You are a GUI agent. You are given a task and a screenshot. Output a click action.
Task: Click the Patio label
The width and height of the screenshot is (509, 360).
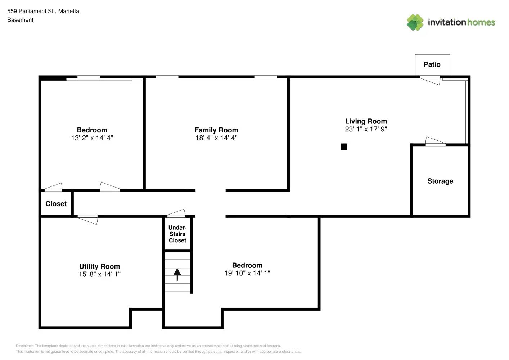tap(432, 64)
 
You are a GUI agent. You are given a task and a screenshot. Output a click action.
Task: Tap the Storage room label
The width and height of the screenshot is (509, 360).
tap(440, 181)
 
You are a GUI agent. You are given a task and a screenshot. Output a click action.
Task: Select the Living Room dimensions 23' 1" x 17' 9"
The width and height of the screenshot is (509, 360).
tap(366, 129)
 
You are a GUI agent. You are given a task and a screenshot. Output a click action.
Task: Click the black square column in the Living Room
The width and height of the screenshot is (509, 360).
tap(344, 147)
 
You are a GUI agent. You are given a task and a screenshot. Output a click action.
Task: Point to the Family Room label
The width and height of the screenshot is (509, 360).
tap(216, 130)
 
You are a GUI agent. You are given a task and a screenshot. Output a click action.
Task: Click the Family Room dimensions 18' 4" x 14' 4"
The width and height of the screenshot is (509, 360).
tap(216, 138)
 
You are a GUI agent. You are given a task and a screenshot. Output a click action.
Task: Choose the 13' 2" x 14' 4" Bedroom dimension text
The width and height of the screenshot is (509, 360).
tap(92, 138)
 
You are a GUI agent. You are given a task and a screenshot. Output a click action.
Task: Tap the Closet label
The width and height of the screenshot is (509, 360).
tap(56, 204)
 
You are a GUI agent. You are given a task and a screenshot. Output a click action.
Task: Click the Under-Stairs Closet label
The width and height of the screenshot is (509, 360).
tap(177, 234)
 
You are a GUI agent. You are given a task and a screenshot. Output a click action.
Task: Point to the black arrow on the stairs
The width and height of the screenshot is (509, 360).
tap(177, 274)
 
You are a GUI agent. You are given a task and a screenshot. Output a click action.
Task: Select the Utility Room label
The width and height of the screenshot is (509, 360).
tap(99, 266)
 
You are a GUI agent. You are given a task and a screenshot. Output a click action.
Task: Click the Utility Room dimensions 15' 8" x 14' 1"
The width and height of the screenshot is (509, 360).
tap(99, 274)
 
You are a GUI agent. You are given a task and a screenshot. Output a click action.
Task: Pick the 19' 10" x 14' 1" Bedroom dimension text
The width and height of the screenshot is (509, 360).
tap(247, 273)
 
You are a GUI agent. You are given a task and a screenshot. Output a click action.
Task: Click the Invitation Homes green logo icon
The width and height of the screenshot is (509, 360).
tap(415, 22)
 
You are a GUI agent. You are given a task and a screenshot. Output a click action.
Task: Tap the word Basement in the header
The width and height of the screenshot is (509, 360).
tap(20, 20)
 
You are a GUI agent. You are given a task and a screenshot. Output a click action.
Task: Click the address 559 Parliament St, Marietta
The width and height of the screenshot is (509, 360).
tap(43, 11)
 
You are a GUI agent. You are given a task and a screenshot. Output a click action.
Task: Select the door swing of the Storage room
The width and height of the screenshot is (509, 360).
tap(435, 141)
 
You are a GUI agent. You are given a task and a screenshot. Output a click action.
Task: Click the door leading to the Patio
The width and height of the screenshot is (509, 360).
tap(430, 80)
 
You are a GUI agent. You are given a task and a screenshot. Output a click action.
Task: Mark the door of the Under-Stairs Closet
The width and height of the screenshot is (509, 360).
tap(176, 213)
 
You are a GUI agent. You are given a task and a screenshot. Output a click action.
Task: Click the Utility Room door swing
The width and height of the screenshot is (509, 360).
tap(88, 220)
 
